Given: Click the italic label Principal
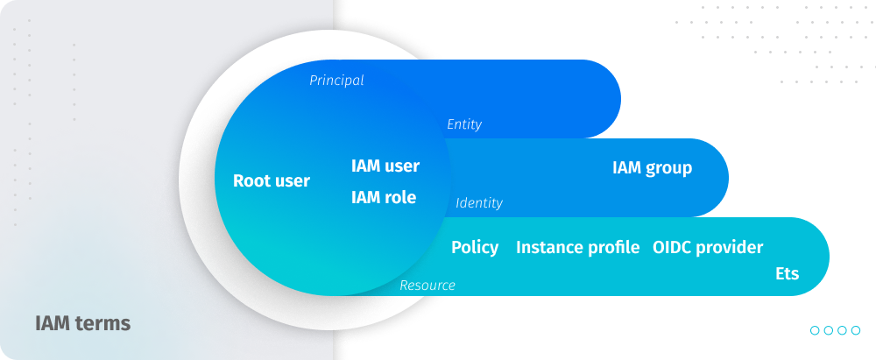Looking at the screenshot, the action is pos(336,81).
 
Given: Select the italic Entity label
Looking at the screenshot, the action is pos(464,124).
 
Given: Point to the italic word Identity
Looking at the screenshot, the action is pos(479,203).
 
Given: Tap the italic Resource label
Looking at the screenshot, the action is pos(427,286).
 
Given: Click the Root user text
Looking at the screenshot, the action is pos(271,181).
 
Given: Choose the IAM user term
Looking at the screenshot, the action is pos(385,166).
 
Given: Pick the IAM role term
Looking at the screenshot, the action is pos(384,197).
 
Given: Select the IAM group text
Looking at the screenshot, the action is pos(652,168).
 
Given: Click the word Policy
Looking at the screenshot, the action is pos(475,248).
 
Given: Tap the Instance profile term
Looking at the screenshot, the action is pos(577,247).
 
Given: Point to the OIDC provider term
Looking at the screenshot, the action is pos(708,247).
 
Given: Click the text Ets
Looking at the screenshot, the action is pos(788,274).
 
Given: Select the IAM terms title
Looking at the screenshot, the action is pos(82,324).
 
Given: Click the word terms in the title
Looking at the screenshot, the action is pos(104,324).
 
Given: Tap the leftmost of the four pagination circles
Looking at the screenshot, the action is pos(815,330).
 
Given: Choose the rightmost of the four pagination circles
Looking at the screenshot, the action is pos(855,330).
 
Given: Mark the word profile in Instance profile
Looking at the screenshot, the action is pos(611,248).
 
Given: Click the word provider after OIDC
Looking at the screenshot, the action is pos(729,248).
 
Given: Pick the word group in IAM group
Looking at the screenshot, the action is pos(668,169).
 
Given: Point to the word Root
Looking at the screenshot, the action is pos(249,181).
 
